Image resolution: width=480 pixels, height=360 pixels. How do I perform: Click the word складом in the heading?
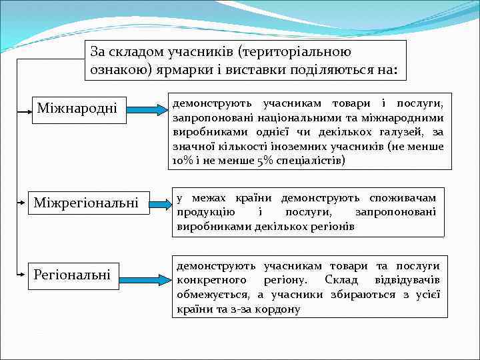[145, 51]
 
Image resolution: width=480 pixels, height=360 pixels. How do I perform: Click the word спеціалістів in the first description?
[312, 161]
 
